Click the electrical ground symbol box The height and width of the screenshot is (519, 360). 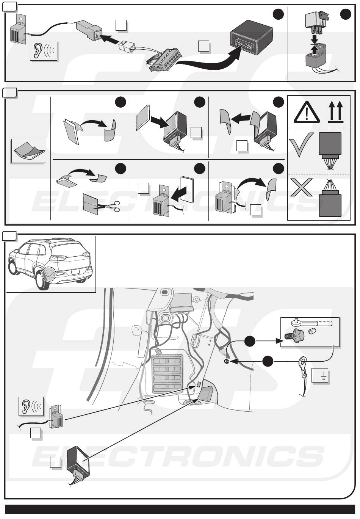click(x=320, y=375)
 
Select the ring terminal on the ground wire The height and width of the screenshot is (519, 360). click(x=302, y=361)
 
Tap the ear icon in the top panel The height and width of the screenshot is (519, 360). click(x=44, y=50)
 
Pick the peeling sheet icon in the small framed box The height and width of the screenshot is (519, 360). click(x=29, y=151)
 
